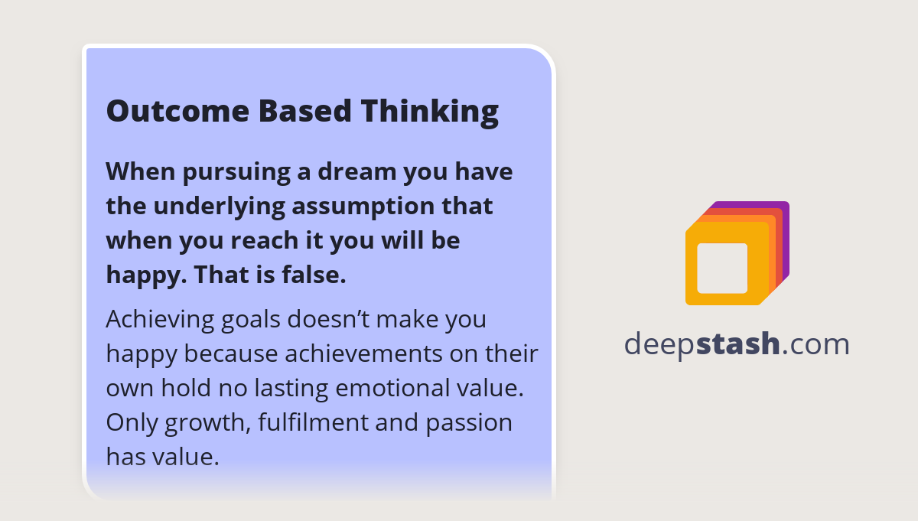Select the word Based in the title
pyautogui.click(x=304, y=111)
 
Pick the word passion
pyautogui.click(x=466, y=423)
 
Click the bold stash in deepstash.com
pyautogui.click(x=737, y=344)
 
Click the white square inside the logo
pyautogui.click(x=722, y=268)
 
